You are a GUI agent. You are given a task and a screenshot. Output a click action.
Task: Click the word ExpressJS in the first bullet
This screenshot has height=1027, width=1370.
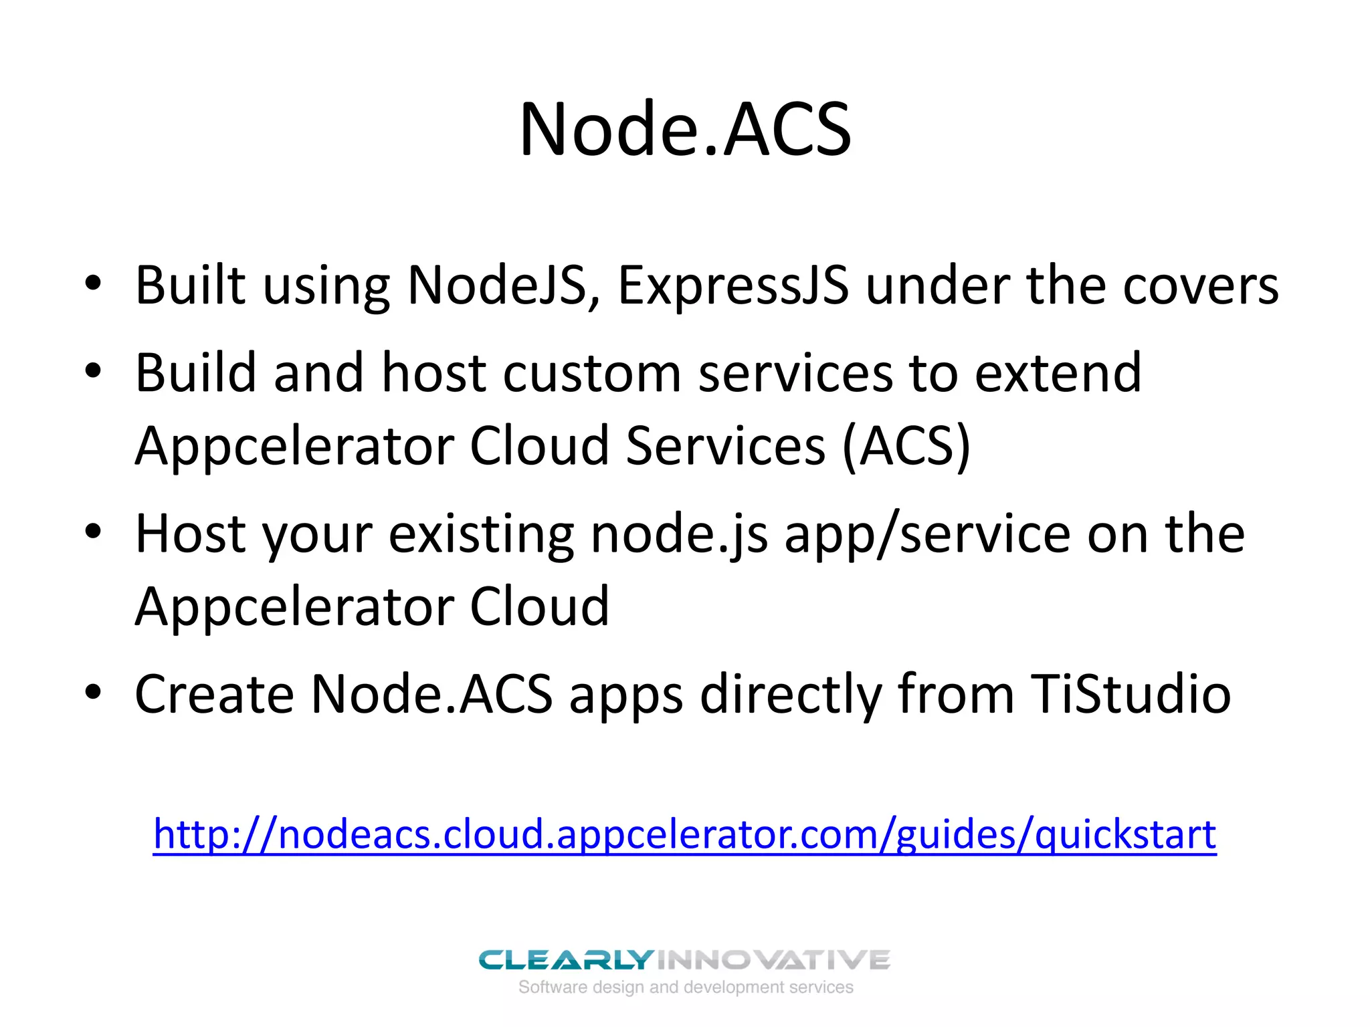pyautogui.click(x=733, y=286)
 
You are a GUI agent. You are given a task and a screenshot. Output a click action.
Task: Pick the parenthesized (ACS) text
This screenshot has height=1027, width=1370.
pyautogui.click(x=906, y=446)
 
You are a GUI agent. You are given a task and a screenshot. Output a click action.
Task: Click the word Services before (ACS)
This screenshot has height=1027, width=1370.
pyautogui.click(x=725, y=446)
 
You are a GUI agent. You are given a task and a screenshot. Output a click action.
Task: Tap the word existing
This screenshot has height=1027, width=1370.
pyautogui.click(x=481, y=534)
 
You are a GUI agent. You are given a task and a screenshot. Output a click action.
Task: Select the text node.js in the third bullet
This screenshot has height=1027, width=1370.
pyautogui.click(x=679, y=534)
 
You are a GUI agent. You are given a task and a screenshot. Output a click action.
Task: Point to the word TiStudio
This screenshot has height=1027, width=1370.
pyautogui.click(x=1131, y=694)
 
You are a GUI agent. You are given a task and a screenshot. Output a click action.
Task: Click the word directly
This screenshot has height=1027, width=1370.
pyautogui.click(x=791, y=694)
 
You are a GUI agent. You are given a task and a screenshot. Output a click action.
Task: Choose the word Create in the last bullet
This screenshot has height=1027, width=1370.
pyautogui.click(x=214, y=694)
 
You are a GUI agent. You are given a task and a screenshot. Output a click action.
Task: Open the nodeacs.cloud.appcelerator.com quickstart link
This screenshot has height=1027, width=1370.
pyautogui.click(x=685, y=834)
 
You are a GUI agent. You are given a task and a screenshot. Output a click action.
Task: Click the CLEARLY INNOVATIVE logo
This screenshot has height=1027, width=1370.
pyautogui.click(x=684, y=960)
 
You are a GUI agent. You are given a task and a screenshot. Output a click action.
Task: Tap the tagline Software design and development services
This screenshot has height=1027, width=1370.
pyautogui.click(x=686, y=988)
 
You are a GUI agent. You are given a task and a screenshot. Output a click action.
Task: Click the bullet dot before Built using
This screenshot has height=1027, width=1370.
pyautogui.click(x=93, y=283)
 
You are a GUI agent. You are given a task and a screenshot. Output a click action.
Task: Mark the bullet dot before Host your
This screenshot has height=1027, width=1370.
pyautogui.click(x=93, y=532)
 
